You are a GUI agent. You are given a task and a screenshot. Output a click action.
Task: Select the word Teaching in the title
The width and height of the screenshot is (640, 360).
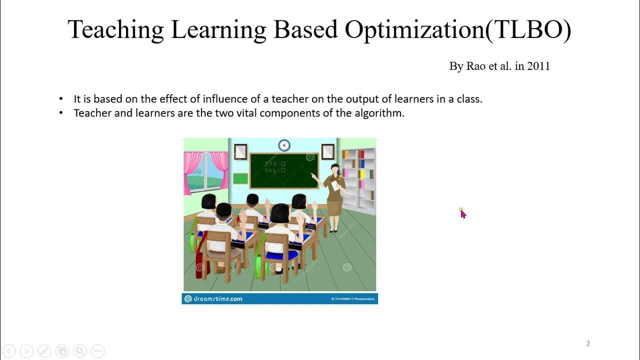coord(115,30)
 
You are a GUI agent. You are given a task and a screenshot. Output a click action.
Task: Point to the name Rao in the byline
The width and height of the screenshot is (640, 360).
coord(476,66)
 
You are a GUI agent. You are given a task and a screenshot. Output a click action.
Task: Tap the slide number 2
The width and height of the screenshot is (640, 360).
coord(588,343)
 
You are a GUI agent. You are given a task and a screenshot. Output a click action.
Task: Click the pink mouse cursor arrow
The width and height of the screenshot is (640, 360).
coord(463,214)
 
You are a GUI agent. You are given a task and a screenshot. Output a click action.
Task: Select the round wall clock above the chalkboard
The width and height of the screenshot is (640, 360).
coord(284,145)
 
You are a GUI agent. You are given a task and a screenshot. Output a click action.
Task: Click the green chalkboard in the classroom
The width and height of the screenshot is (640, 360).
coord(284,170)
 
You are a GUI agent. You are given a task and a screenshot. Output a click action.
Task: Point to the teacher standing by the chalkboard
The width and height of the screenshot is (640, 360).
coord(334,195)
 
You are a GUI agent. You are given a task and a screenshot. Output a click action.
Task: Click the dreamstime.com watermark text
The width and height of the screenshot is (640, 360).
coord(218,299)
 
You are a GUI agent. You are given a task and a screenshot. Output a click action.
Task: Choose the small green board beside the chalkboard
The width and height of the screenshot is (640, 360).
coord(240,178)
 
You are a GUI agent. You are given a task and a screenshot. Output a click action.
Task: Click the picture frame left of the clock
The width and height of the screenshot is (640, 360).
coord(240,151)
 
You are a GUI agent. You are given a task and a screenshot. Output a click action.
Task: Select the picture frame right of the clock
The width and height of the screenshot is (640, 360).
coord(327,151)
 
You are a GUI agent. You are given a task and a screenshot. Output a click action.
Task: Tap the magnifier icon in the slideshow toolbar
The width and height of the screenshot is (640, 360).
coord(79,351)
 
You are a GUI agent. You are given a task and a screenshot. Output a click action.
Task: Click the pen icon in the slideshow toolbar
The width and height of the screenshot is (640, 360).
coord(44,351)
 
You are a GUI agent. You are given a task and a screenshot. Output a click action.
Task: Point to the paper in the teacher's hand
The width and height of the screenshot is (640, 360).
coord(334,185)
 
